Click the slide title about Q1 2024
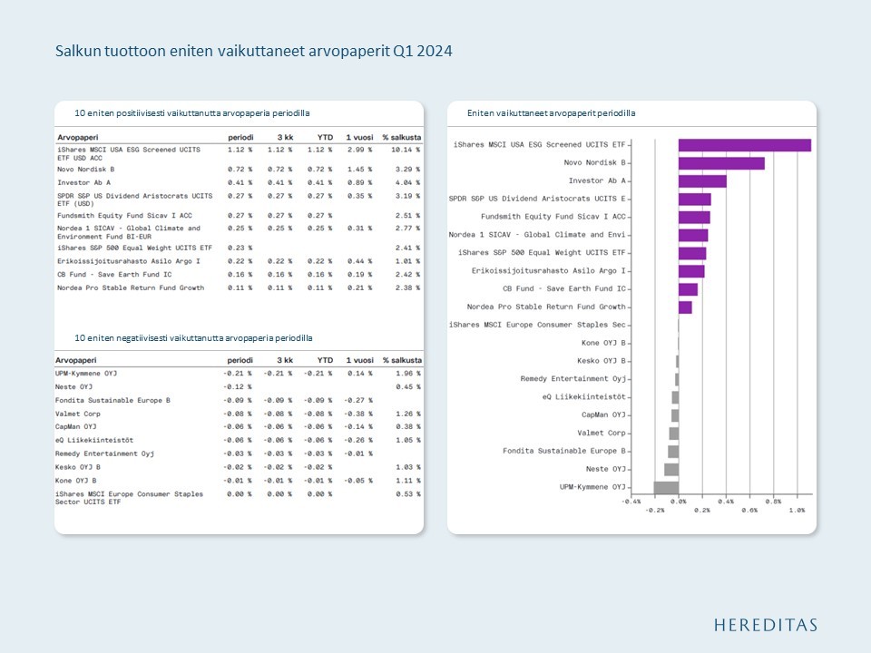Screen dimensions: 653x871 coord(254,51)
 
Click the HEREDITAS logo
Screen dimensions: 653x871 coord(765,625)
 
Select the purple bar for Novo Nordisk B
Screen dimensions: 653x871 coord(721,163)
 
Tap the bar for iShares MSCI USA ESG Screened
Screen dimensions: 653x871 coord(744,145)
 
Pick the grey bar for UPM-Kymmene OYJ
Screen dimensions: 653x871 coord(666,487)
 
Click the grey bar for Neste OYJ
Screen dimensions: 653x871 coord(671,469)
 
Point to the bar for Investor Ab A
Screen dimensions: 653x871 coord(702,181)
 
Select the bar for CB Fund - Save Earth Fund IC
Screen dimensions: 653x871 coord(688,289)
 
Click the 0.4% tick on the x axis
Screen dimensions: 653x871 coord(726,501)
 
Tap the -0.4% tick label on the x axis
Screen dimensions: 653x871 coord(631,501)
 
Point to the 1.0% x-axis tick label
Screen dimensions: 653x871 coord(797,510)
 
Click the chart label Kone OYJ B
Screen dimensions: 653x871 coord(603,343)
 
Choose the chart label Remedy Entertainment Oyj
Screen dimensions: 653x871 coord(573,379)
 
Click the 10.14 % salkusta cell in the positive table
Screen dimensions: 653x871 coord(401,149)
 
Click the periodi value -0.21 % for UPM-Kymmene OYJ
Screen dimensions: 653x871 coord(238,373)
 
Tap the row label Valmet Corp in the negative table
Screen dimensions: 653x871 coord(78,413)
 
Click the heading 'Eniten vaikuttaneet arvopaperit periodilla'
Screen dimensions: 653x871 coord(551,113)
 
